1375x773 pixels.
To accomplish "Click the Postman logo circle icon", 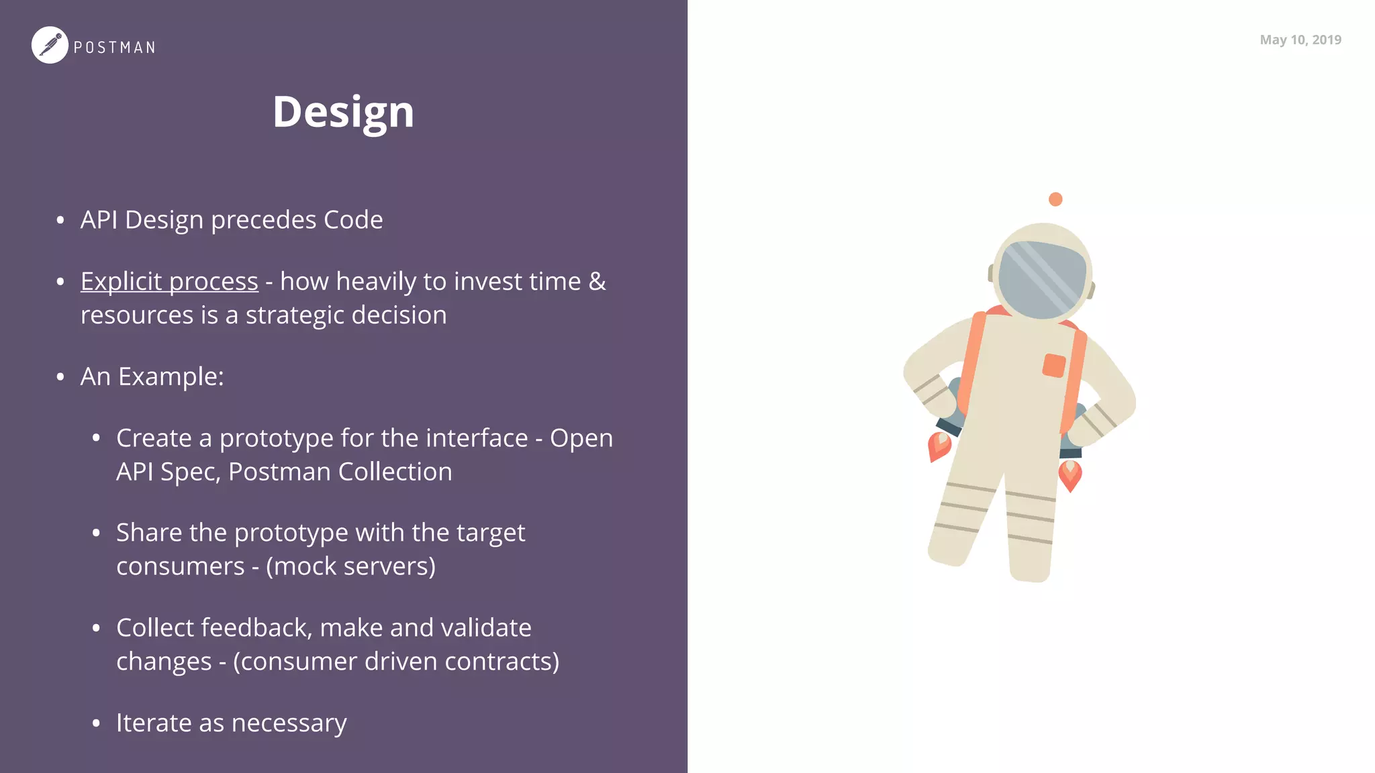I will pyautogui.click(x=50, y=45).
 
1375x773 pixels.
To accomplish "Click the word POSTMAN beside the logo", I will pyautogui.click(x=114, y=48).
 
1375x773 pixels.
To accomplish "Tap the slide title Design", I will pyautogui.click(x=343, y=111).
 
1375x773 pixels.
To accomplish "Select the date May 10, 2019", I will pyautogui.click(x=1300, y=40).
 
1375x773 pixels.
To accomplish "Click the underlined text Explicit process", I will pyautogui.click(x=169, y=282).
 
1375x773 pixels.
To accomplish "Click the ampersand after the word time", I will pyautogui.click(x=597, y=281).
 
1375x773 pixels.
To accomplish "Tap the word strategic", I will pyautogui.click(x=295, y=315).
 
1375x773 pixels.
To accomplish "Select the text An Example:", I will pyautogui.click(x=152, y=376).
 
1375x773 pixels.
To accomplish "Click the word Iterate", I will pyautogui.click(x=154, y=723).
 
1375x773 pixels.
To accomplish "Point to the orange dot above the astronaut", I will pyautogui.click(x=1055, y=199).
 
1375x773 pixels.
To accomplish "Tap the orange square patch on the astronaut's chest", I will pyautogui.click(x=1053, y=366).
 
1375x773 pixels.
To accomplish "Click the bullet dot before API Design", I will pyautogui.click(x=60, y=220).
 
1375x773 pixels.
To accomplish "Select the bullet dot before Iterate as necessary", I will pyautogui.click(x=96, y=723).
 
